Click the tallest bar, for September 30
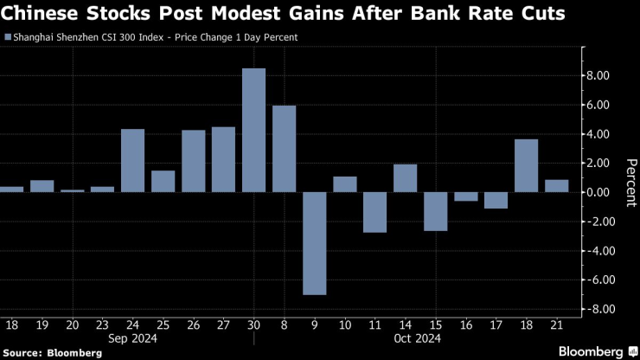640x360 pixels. [253, 130]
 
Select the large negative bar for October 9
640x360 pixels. [314, 243]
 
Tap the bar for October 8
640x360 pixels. [284, 149]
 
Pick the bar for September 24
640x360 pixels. [132, 160]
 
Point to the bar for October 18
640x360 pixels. [526, 165]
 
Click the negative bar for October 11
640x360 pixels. [374, 212]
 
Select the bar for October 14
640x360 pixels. [405, 178]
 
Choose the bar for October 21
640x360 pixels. [556, 186]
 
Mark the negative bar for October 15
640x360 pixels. [435, 211]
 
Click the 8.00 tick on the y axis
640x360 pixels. [598, 75]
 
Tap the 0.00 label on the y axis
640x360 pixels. [598, 192]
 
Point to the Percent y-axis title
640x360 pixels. [630, 183]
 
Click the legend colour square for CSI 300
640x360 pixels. [8, 37]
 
